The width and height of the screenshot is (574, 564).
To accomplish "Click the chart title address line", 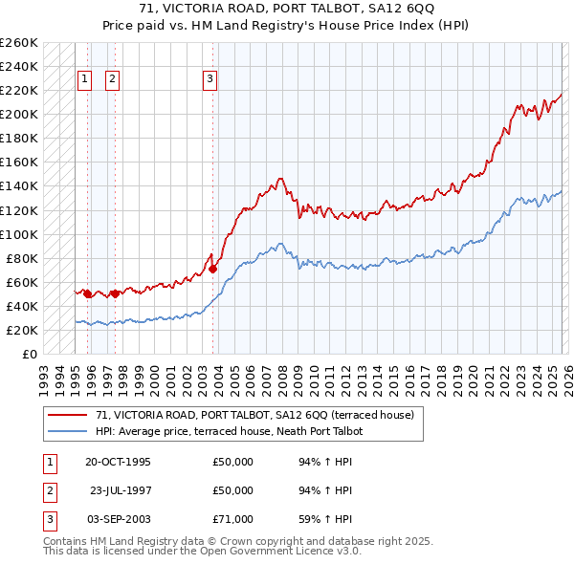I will coord(287,10).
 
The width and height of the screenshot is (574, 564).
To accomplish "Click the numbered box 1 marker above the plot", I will coord(85,80).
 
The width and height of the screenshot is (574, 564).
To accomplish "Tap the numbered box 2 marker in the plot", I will coord(113,80).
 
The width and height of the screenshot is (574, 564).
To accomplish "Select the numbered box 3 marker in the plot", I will coord(210,80).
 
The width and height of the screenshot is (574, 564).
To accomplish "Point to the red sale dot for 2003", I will coord(212,269).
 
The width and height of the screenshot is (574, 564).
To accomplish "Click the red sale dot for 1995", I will coord(88,293).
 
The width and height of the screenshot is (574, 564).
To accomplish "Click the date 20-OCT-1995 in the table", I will coord(118,462).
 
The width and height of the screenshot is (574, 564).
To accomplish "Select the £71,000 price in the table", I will coord(233,519).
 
